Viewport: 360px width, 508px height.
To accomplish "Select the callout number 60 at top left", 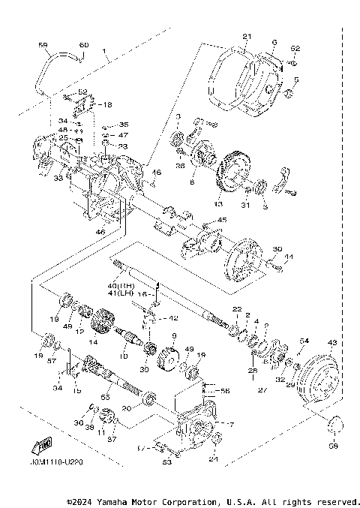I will pos(83,46).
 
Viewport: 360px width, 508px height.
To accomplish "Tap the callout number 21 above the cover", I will pos(246,37).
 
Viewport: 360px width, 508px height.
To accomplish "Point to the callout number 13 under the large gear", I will pos(219,204).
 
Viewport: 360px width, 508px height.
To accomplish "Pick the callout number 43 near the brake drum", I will pos(332,343).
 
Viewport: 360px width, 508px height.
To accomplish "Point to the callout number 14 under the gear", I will pos(93,341).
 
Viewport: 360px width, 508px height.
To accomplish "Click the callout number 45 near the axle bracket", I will pos(222,220).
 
